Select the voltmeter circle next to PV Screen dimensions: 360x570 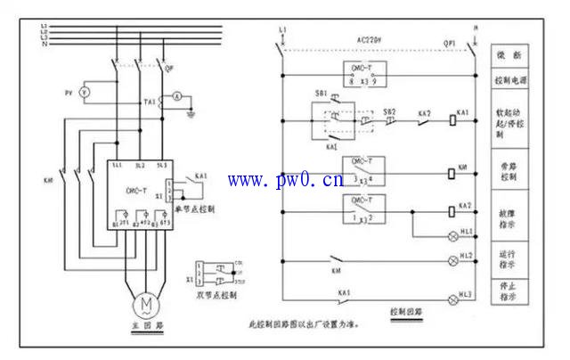(x=85, y=92)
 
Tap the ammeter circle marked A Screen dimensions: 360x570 (x=176, y=94)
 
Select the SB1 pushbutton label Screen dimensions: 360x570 (x=321, y=93)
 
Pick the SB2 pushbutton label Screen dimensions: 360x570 (x=388, y=112)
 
